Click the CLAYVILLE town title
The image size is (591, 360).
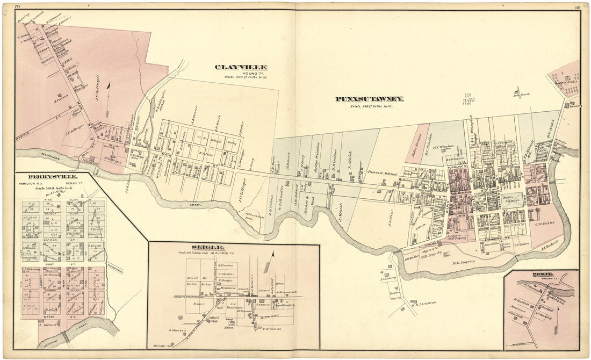(x=241, y=68)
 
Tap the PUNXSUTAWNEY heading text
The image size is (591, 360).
(x=370, y=99)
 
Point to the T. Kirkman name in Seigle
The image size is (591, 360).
(x=272, y=328)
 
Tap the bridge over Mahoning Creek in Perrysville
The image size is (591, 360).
(x=65, y=337)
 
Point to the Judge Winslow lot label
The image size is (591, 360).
(x=316, y=156)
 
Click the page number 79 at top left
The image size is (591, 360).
(x=18, y=6)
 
